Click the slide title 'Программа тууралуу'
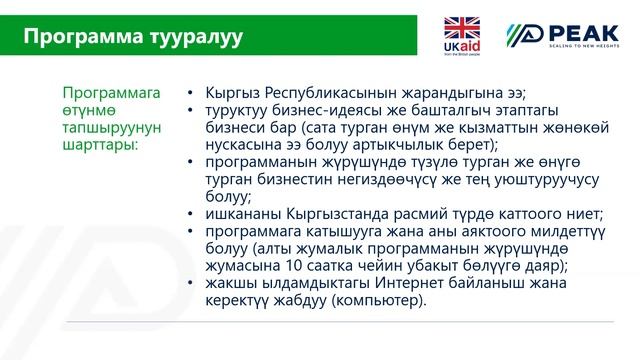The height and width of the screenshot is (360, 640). point(132,37)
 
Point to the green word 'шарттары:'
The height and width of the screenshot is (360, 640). point(99,143)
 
